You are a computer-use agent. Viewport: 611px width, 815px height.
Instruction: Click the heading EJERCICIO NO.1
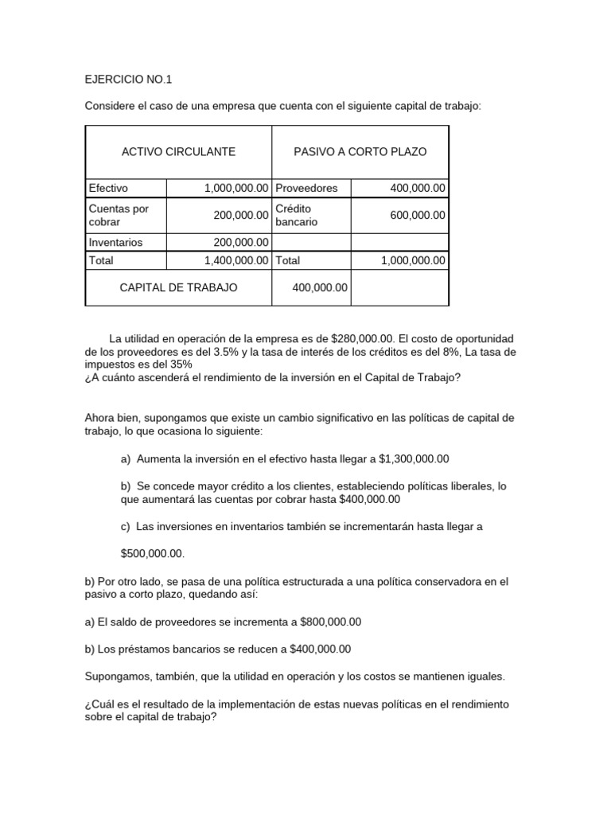(x=128, y=80)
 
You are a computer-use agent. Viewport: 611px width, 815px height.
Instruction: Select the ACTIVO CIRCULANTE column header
(x=178, y=151)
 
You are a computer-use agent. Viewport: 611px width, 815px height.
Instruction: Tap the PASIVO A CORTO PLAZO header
(x=360, y=151)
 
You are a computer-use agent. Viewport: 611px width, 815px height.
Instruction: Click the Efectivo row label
(x=108, y=188)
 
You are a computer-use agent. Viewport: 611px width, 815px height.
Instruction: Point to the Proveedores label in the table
(x=306, y=188)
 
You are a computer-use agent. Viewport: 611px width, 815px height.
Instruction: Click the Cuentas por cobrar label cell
(x=119, y=215)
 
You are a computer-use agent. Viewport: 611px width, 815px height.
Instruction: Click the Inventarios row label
(x=115, y=242)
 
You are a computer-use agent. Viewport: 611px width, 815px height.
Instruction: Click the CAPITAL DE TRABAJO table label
(x=178, y=287)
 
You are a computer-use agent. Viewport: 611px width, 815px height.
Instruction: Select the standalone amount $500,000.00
(x=152, y=553)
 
